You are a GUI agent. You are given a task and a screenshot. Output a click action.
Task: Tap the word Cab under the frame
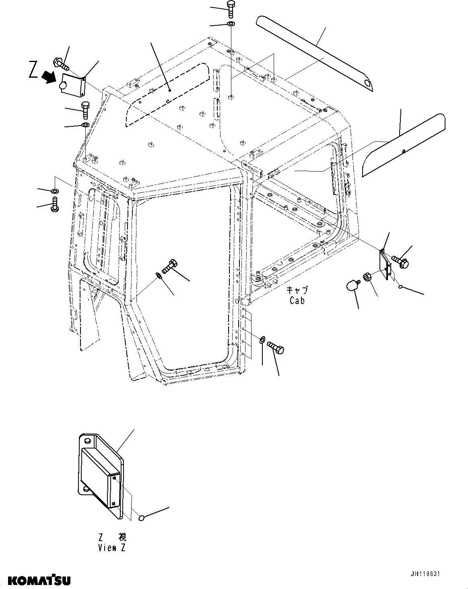(297, 300)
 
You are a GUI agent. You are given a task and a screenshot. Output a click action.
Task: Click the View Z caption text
(112, 548)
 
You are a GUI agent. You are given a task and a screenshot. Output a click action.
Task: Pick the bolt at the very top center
(231, 8)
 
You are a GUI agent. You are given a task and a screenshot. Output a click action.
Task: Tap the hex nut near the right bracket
(367, 277)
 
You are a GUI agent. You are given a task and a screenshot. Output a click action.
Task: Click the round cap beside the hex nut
(353, 286)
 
